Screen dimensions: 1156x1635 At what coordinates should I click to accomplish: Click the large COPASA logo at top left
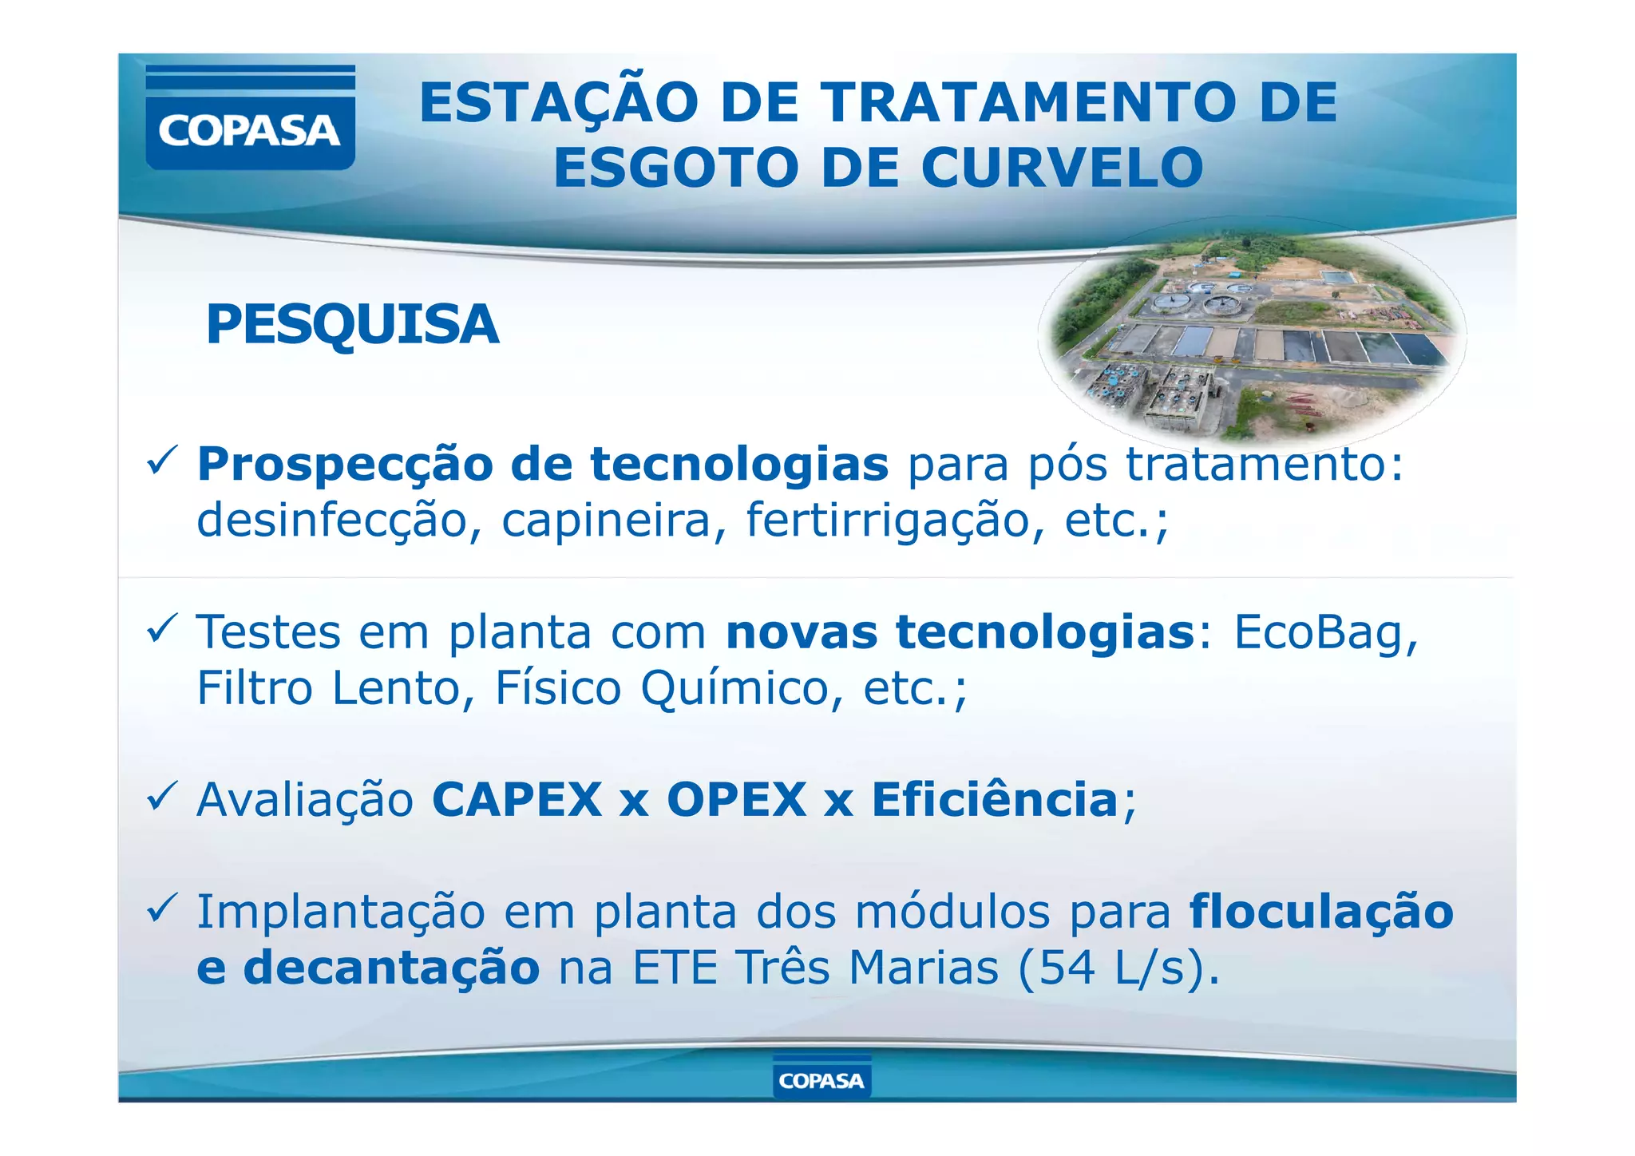(x=250, y=118)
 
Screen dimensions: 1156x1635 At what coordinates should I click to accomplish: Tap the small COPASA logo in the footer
(x=821, y=1080)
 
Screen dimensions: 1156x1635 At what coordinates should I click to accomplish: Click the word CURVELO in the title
(x=1061, y=168)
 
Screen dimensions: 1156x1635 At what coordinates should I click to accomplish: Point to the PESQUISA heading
(x=352, y=325)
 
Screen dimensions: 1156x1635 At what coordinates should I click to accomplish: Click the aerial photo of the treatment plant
(x=1252, y=336)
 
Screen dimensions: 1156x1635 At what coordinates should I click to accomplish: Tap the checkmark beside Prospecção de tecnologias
(x=162, y=462)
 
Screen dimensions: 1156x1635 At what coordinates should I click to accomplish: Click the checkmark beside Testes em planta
(x=162, y=630)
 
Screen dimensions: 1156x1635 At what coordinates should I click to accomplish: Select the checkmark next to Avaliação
(x=162, y=798)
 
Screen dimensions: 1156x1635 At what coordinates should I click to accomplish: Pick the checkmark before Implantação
(x=162, y=909)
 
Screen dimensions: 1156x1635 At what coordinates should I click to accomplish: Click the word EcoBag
(x=1325, y=632)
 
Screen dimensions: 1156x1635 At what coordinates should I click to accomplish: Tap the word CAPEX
(x=517, y=800)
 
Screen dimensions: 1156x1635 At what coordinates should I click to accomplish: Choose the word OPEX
(x=736, y=800)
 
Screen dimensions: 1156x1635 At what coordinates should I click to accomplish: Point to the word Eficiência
(x=995, y=800)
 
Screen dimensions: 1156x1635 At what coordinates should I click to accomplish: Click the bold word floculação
(x=1321, y=912)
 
